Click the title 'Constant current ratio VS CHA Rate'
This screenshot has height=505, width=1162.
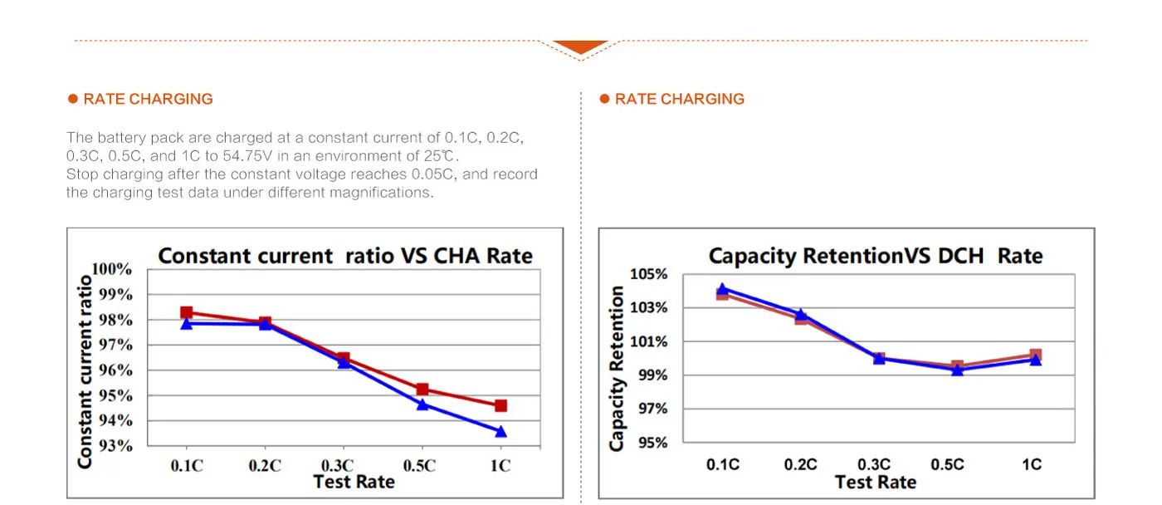point(345,256)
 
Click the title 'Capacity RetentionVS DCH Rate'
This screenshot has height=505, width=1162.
point(875,256)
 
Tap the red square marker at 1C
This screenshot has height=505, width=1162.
point(500,405)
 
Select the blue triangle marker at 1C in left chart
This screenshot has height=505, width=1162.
point(500,432)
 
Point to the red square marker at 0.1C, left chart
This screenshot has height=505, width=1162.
point(187,312)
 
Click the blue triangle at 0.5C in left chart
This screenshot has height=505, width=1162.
point(422,404)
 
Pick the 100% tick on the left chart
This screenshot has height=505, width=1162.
point(112,269)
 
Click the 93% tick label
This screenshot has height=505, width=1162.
point(115,446)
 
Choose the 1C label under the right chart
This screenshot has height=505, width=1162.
point(1031,464)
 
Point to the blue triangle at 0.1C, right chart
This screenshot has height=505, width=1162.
point(722,290)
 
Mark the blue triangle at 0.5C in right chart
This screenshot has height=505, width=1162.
point(957,370)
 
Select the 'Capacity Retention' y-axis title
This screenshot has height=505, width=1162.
point(617,368)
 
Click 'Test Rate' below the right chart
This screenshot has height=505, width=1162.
point(875,482)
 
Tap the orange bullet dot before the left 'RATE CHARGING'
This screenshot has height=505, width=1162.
point(73,99)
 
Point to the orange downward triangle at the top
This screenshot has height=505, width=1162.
point(581,47)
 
